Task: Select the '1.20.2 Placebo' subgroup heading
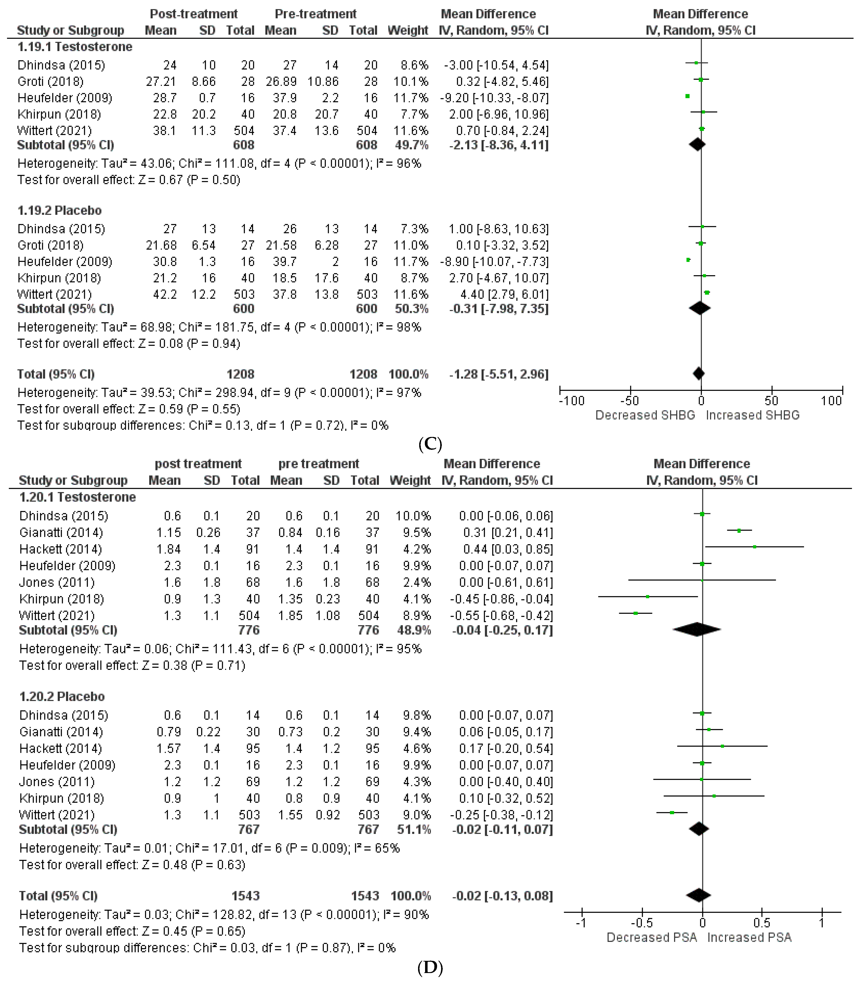tap(62, 697)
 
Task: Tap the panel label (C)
tap(430, 443)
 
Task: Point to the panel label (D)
tap(430, 968)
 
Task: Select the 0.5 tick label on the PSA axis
tap(762, 923)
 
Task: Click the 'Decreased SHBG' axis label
tap(645, 415)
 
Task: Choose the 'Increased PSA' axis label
tap(749, 938)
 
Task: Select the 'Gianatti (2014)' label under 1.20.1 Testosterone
tap(61, 532)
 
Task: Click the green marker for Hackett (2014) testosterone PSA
tap(755, 547)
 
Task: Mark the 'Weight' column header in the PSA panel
tap(410, 481)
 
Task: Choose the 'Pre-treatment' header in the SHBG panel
tap(316, 14)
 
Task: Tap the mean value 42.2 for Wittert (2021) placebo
tap(165, 294)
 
